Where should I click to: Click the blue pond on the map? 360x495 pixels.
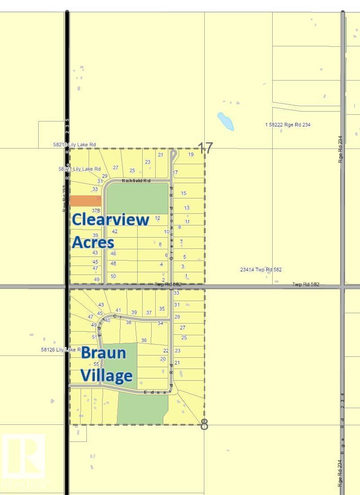point(225,121)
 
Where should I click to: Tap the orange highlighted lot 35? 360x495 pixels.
point(85,201)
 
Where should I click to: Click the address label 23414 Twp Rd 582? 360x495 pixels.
point(261,270)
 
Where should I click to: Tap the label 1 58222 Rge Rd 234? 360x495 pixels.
point(288,125)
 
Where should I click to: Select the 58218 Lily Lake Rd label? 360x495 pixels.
point(74,144)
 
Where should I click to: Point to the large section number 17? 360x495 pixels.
point(205,148)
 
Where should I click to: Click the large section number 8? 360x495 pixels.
point(204,424)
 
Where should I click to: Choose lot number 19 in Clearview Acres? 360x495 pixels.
point(191,154)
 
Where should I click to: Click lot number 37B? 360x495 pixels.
point(95,210)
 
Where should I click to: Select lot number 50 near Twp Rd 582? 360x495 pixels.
point(113,276)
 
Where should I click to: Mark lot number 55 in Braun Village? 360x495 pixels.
point(96,364)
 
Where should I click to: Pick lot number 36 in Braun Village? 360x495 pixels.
point(144,340)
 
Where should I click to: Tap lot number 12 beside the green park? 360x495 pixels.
point(157,218)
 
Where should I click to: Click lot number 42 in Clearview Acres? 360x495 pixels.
point(115,231)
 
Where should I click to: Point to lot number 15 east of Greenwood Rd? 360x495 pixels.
point(184,193)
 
